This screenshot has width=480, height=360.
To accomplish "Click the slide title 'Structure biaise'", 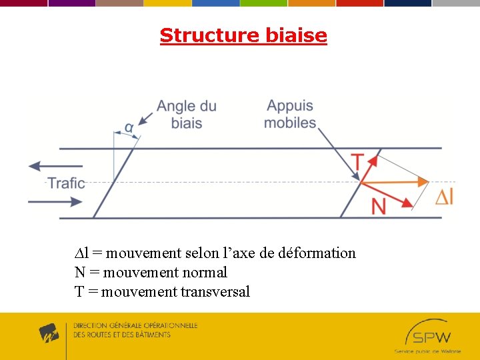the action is point(243,35).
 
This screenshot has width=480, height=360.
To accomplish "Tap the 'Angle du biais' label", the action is point(186,114).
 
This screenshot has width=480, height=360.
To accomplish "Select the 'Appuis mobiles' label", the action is point(290,114).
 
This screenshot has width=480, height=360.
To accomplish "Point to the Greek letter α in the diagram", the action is point(129,127).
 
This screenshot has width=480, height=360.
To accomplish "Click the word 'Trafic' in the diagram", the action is point(66,183).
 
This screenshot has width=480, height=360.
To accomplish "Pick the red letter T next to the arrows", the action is point(358,162).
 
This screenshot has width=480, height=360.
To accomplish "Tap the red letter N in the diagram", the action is point(378,206).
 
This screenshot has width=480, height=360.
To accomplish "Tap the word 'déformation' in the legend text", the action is point(320,253).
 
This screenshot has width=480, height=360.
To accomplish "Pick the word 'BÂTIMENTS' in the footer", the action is point(149,335).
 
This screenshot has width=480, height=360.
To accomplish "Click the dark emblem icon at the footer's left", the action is point(49,333).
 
